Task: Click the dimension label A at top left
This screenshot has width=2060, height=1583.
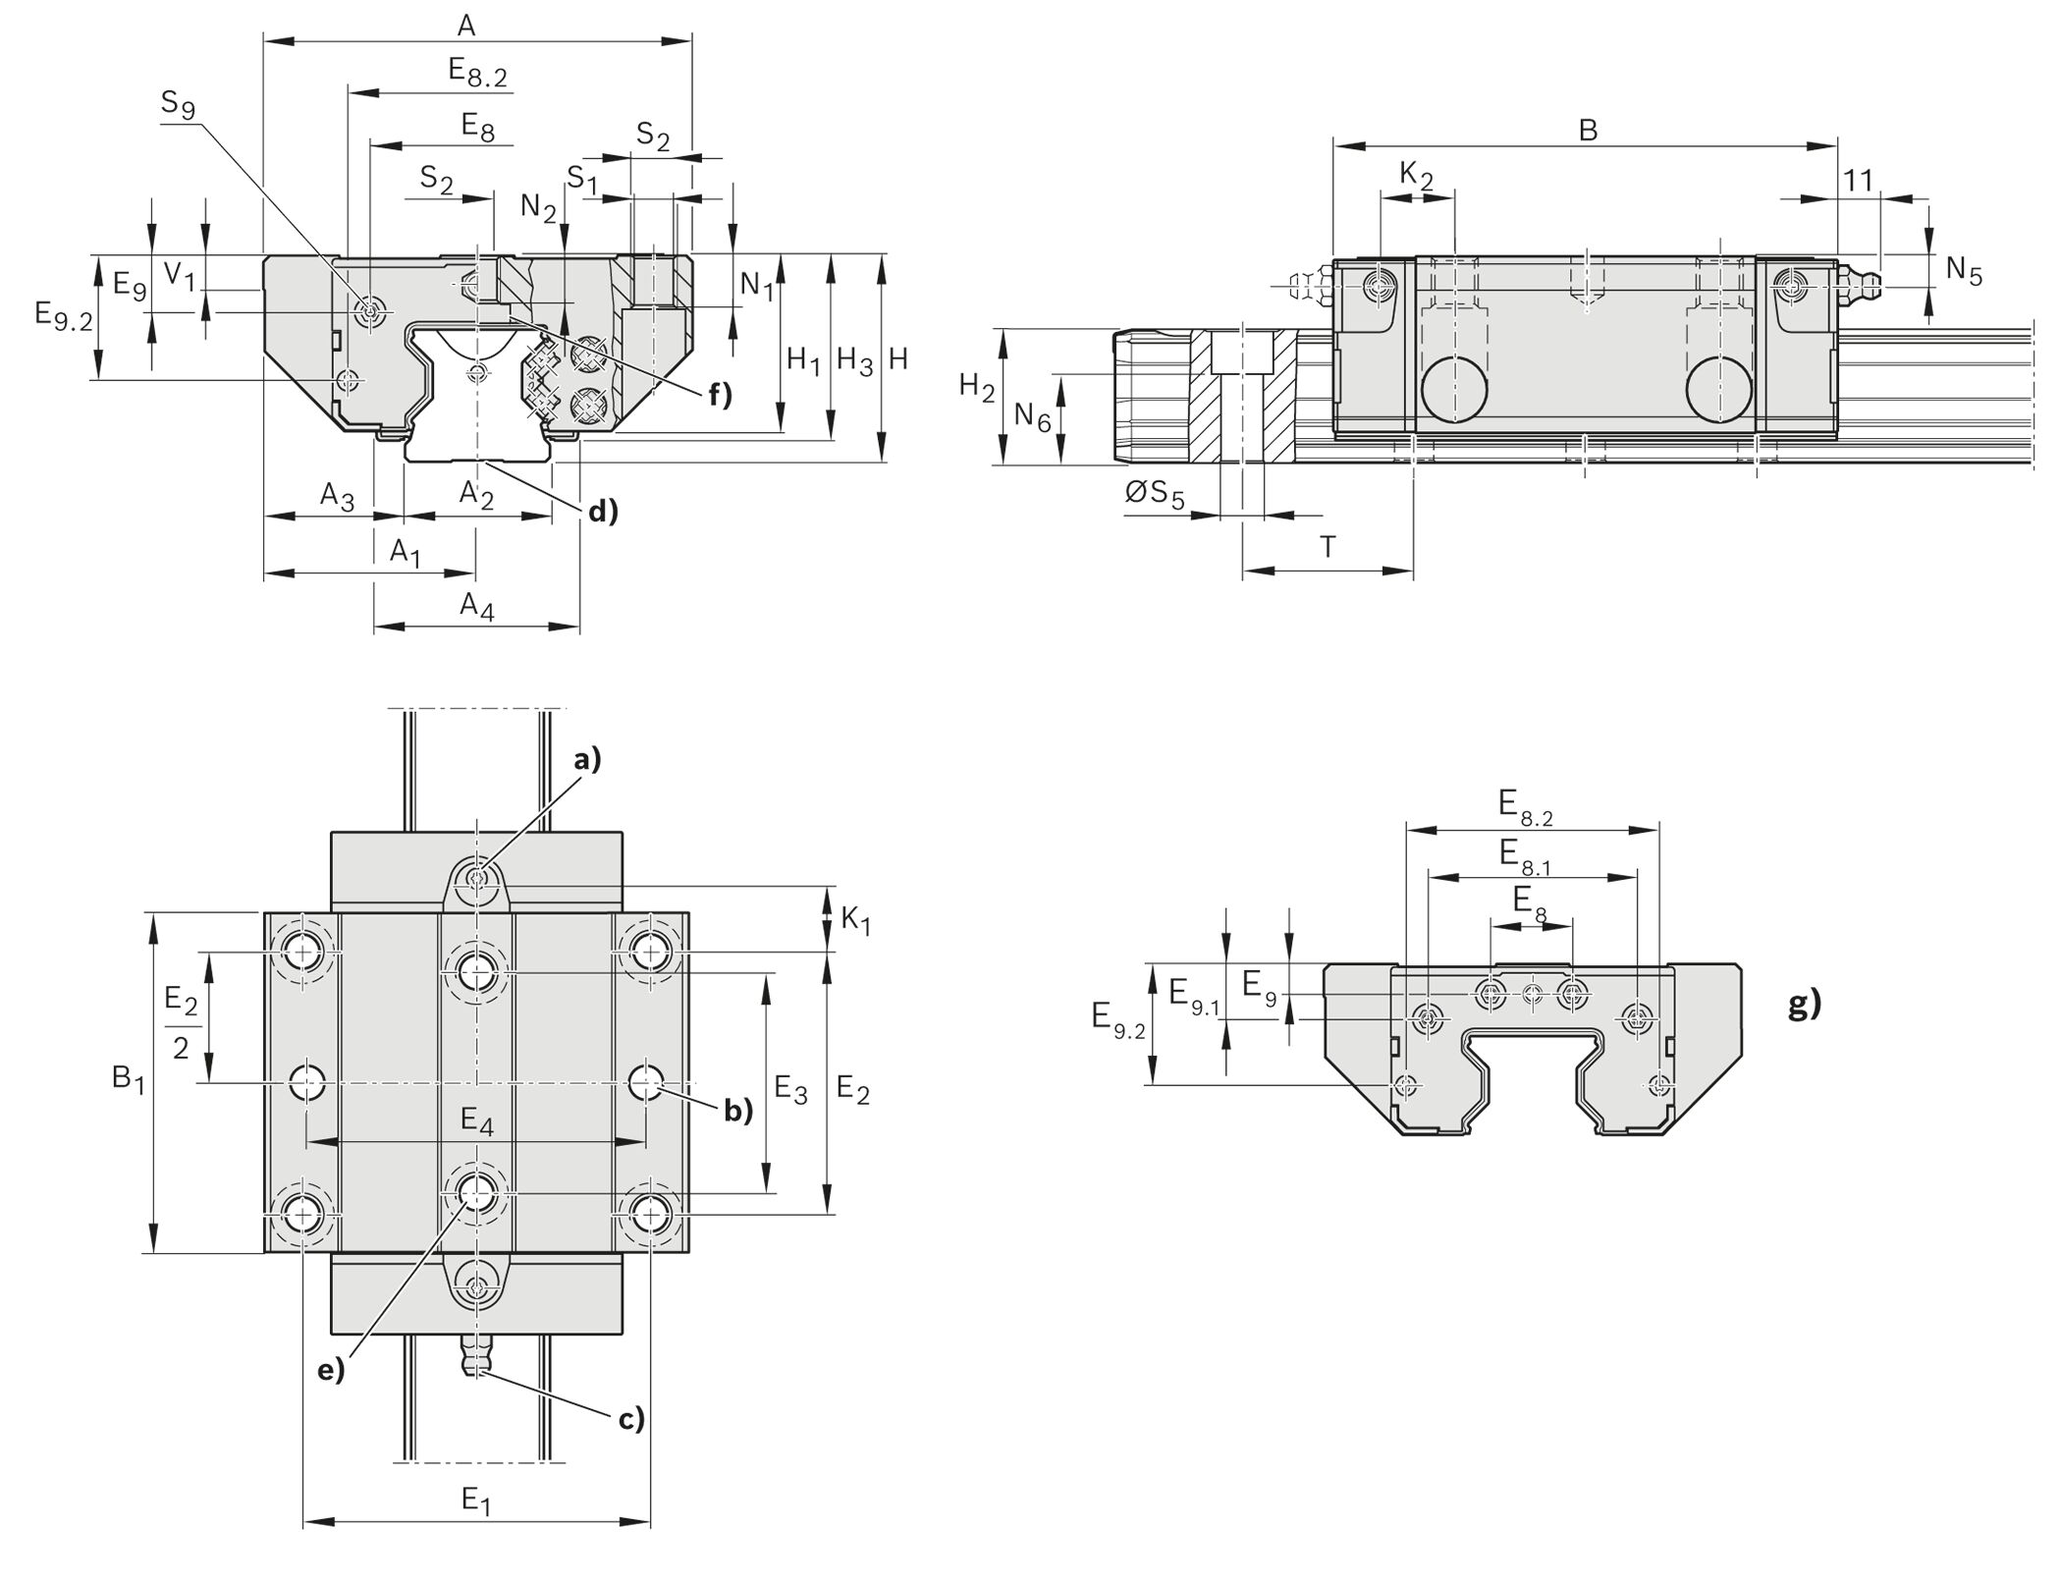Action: point(466,26)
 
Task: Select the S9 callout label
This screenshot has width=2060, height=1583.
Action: point(178,104)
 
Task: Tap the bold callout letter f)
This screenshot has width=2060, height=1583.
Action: point(720,395)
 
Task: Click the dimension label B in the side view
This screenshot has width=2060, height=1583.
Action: point(1588,130)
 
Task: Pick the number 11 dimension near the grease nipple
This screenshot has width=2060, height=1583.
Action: point(1858,181)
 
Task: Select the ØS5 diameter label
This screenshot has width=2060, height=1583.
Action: point(1155,494)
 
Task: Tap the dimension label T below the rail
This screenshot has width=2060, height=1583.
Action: point(1328,547)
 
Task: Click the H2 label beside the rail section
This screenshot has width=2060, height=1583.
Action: point(976,388)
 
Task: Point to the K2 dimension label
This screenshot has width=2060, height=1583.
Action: point(1416,177)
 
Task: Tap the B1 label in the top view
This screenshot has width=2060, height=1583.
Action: point(129,1080)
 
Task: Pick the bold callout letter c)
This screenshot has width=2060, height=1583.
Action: point(630,1419)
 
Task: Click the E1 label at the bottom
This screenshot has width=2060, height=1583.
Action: point(476,1500)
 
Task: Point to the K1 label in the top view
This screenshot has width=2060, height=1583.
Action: point(856,920)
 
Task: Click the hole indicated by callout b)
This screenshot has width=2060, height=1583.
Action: point(646,1082)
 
